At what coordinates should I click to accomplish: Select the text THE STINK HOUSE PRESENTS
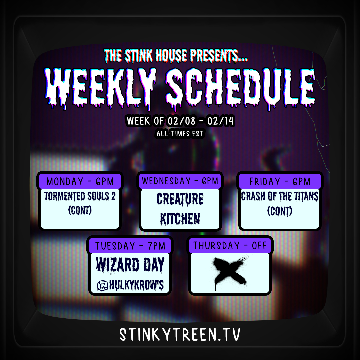click(x=176, y=56)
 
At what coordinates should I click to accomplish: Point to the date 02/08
click(x=181, y=121)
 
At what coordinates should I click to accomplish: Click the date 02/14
click(x=220, y=121)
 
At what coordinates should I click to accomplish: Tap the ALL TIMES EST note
click(x=180, y=133)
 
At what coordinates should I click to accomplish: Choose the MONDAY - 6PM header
click(x=80, y=181)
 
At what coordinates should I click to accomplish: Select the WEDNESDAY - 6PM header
click(x=180, y=181)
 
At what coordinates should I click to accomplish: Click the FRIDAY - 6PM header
click(x=280, y=181)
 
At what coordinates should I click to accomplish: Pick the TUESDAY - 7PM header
click(x=130, y=246)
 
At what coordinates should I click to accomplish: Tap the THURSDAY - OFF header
click(x=230, y=246)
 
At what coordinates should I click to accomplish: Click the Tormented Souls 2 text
click(x=80, y=197)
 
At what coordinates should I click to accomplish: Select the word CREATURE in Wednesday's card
click(x=180, y=199)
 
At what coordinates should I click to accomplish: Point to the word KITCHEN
click(x=180, y=219)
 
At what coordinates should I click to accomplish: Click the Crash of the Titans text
click(x=280, y=197)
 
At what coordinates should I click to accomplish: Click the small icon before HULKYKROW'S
click(x=102, y=286)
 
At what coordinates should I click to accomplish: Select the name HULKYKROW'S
click(x=136, y=285)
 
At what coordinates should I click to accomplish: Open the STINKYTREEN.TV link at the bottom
click(x=180, y=334)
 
